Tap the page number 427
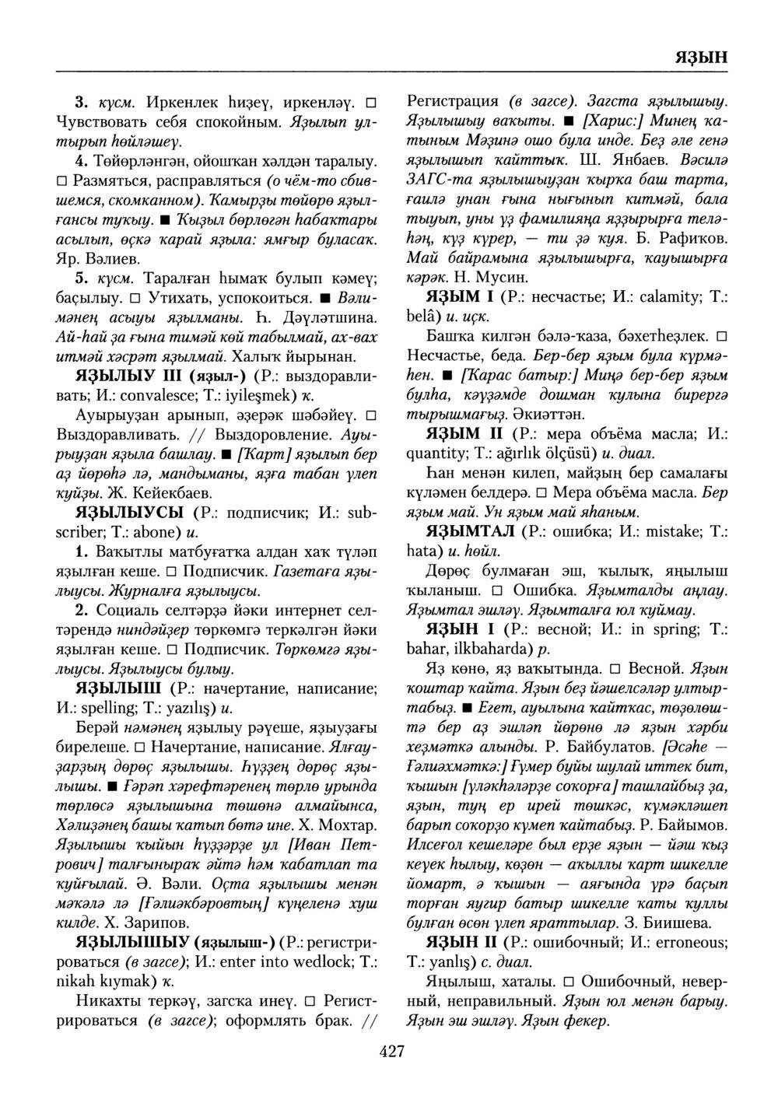(391, 1052)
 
